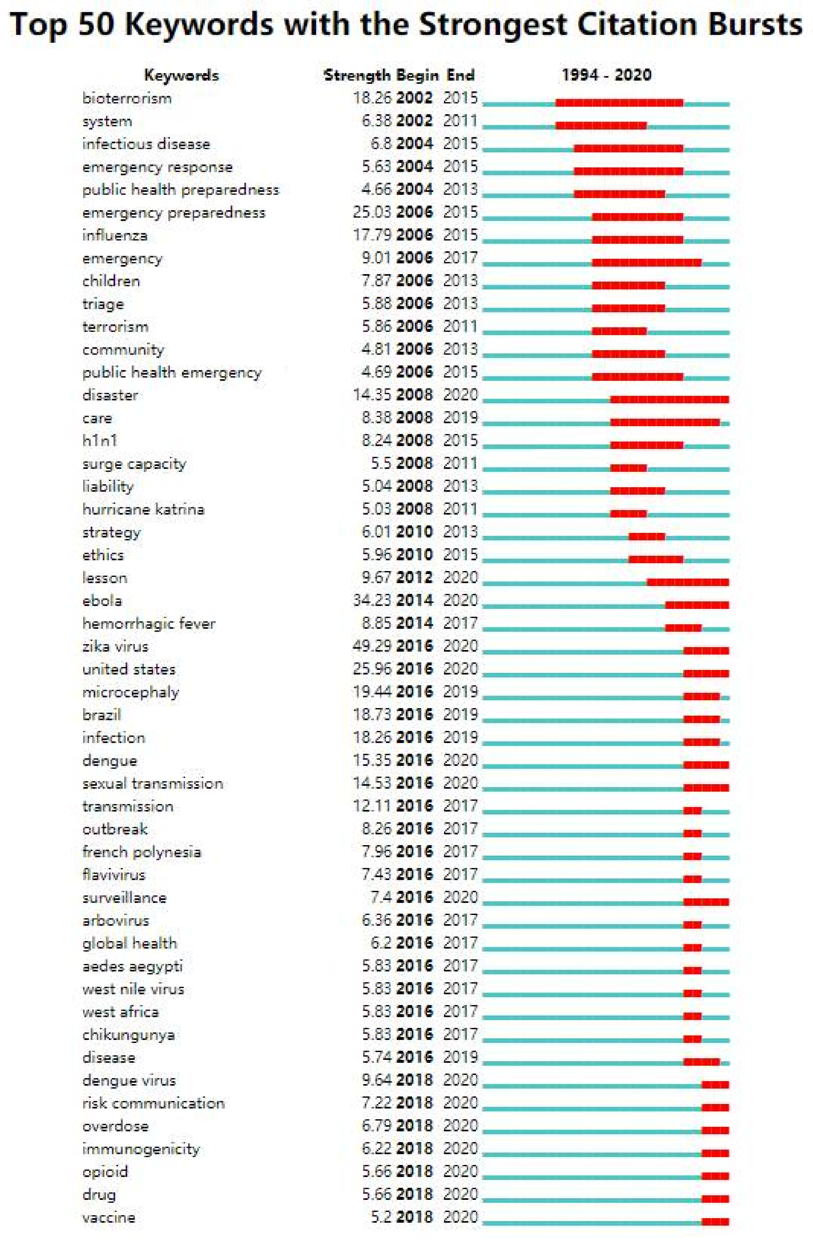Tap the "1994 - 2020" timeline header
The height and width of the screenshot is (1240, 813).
(606, 75)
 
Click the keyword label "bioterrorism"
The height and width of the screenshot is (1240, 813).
(127, 99)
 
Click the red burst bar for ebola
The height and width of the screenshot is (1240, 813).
(697, 605)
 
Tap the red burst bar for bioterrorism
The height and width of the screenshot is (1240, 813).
(619, 103)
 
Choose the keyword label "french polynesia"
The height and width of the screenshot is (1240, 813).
(142, 852)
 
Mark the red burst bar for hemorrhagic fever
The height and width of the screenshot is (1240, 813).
(683, 628)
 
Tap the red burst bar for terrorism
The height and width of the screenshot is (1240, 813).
(619, 331)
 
